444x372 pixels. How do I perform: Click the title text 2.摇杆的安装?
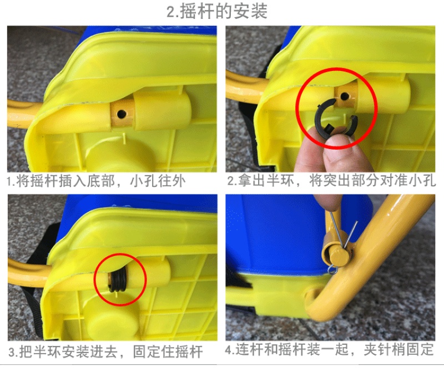click(217, 11)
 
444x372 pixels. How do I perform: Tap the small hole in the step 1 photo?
click(122, 114)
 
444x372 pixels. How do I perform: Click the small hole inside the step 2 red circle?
click(344, 96)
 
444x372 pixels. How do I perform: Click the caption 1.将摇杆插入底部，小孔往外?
click(96, 181)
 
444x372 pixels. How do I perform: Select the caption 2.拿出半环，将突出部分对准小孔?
click(331, 181)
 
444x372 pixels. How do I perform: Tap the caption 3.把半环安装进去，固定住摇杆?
click(105, 351)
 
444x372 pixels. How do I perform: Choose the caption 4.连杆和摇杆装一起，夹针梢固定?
click(329, 350)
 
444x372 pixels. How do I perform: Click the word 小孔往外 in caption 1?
click(158, 181)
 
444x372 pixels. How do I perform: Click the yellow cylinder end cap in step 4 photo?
click(338, 257)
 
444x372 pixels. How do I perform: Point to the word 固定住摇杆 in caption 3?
click(168, 351)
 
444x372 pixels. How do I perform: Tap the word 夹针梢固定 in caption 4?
click(398, 350)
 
